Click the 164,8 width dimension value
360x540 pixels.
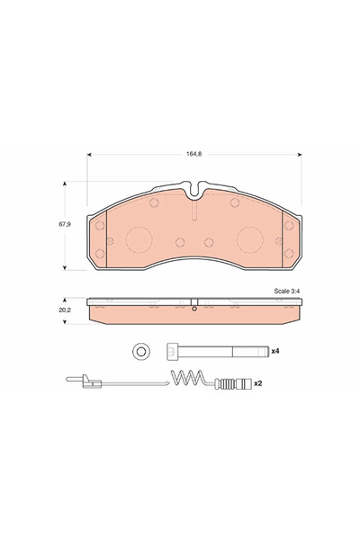[x=193, y=154]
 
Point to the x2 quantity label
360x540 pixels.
[x=257, y=382]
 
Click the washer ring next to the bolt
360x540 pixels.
[x=139, y=350]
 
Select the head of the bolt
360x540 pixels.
[x=172, y=350]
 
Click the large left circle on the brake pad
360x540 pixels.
[x=139, y=240]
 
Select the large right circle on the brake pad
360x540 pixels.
[x=250, y=240]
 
